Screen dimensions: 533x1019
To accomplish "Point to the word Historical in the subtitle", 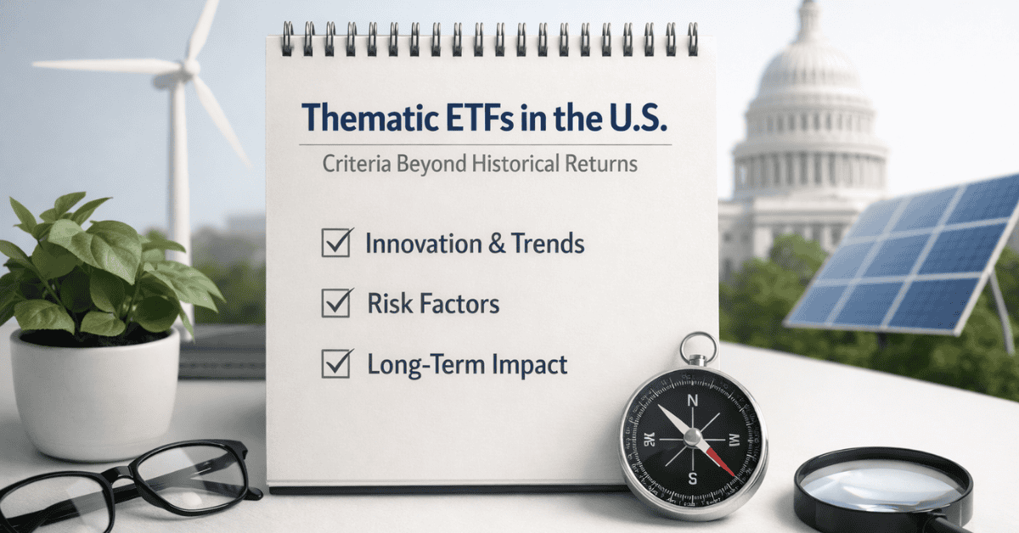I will tap(515, 163).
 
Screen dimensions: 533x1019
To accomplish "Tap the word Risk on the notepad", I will tap(388, 303).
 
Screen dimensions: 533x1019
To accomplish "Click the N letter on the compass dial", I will tap(692, 401).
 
